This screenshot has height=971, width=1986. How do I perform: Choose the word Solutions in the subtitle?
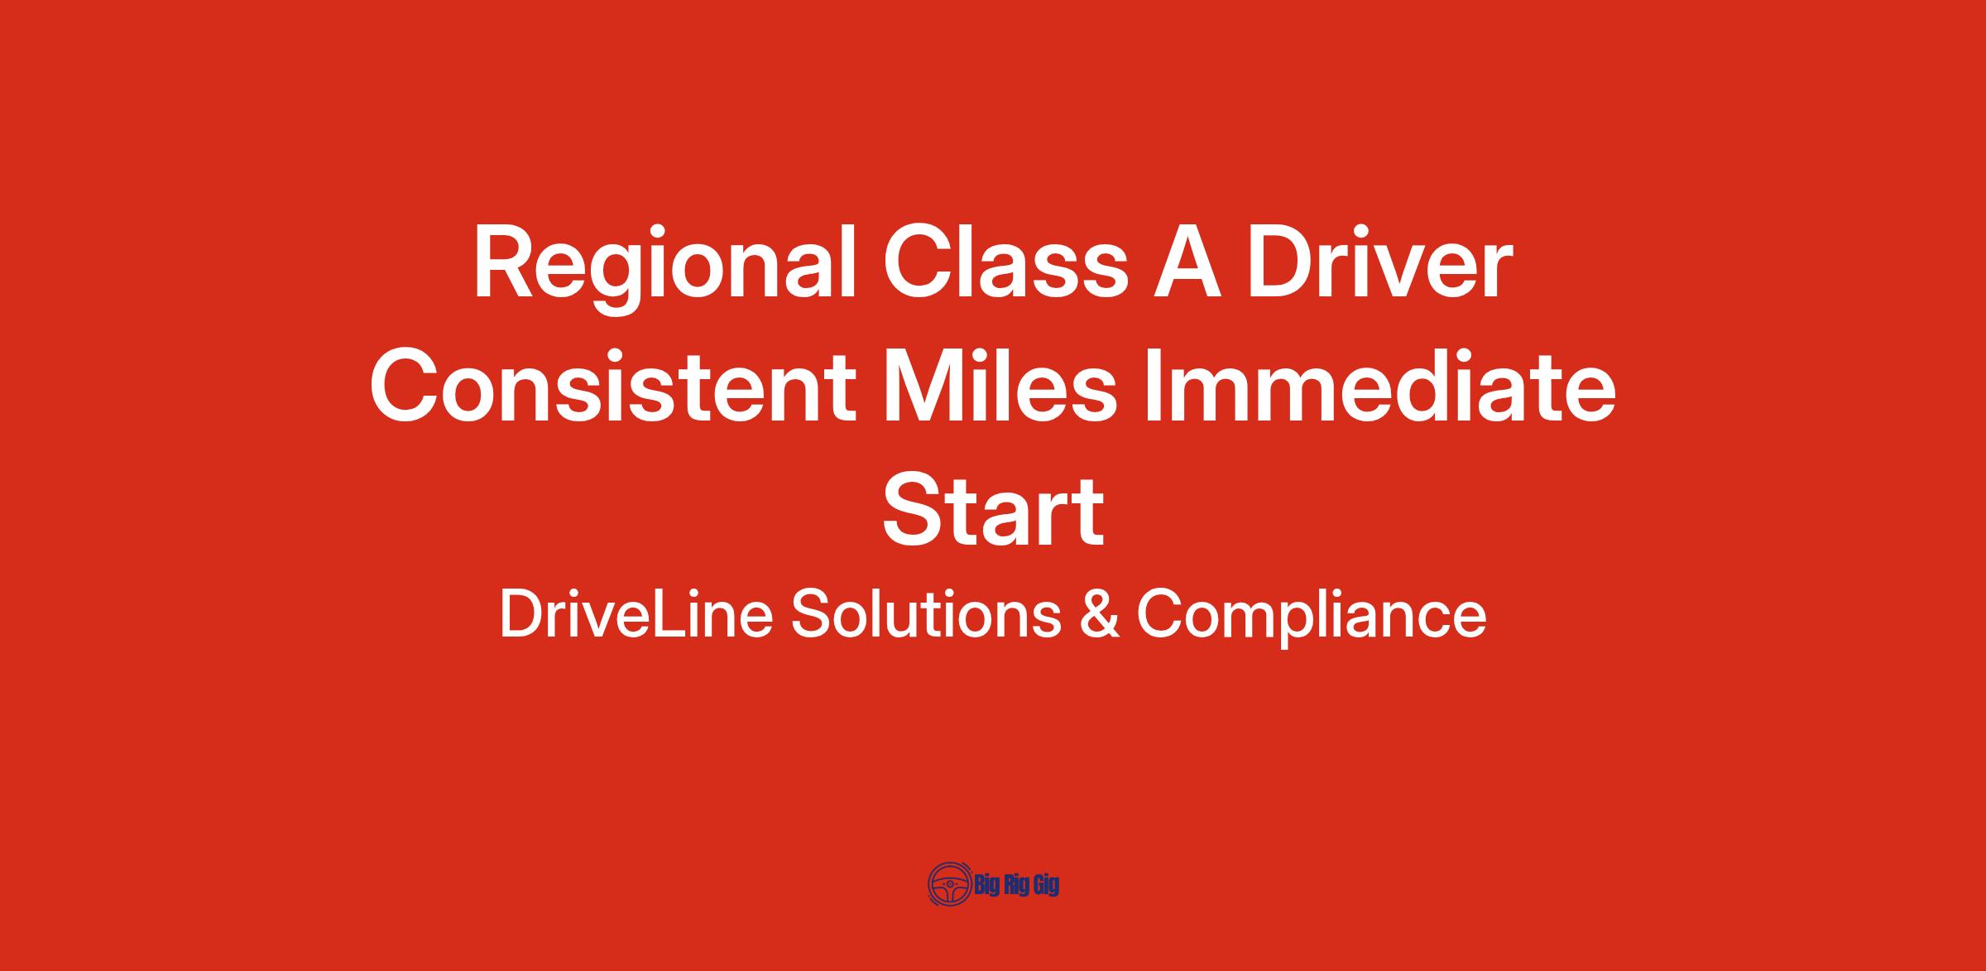tap(926, 614)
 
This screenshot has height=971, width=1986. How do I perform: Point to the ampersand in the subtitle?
tap(1099, 614)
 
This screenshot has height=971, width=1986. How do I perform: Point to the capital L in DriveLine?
tap(668, 614)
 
